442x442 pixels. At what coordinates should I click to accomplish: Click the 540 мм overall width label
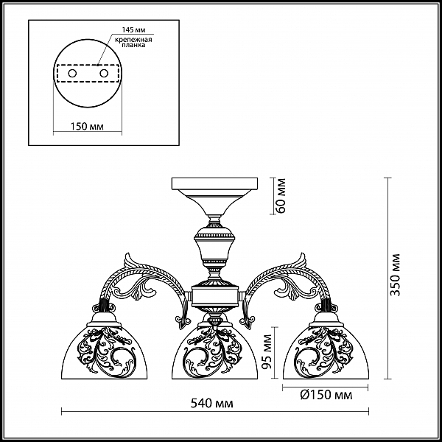click(212, 404)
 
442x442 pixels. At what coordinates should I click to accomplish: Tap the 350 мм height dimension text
click(396, 275)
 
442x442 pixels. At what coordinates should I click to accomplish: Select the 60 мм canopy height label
click(281, 196)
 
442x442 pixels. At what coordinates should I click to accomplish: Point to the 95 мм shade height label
click(267, 352)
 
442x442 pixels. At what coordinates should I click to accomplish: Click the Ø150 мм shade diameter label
click(326, 395)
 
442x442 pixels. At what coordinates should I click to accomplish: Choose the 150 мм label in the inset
click(87, 126)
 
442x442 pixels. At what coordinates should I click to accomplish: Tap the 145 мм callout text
click(133, 30)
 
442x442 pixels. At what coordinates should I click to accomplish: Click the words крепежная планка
click(133, 42)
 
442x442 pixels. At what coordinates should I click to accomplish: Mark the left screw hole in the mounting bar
click(72, 74)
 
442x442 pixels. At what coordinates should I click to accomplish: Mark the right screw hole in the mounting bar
click(104, 74)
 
